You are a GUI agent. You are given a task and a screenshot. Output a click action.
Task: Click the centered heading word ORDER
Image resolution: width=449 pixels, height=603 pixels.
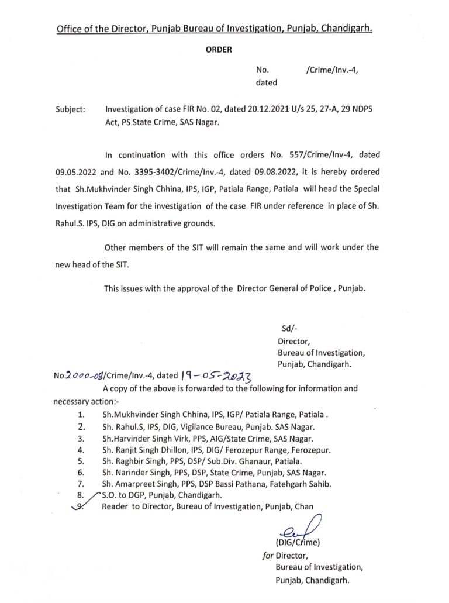click(219, 50)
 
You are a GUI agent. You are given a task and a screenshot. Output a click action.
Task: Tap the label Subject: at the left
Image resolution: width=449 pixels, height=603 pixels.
click(70, 109)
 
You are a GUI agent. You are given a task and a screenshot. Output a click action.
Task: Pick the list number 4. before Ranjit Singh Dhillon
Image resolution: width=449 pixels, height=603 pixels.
click(81, 450)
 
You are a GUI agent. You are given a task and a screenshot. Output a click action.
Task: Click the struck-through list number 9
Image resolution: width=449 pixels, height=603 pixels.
click(81, 506)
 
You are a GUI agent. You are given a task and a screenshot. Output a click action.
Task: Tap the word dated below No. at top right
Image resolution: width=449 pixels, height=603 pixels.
click(267, 82)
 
